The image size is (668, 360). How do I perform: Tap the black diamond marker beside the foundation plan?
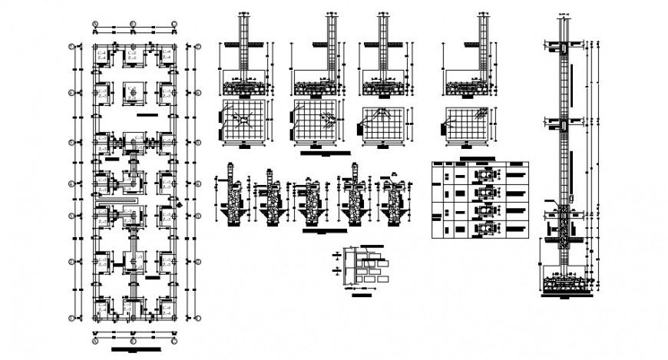pyautogui.click(x=179, y=203)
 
